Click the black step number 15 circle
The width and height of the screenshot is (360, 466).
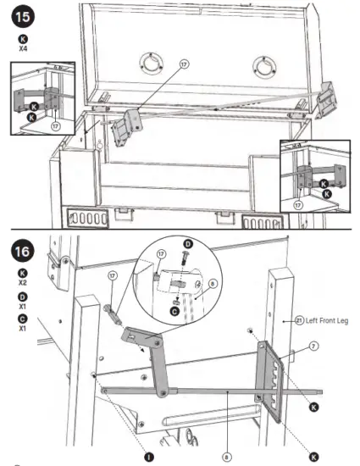(23, 16)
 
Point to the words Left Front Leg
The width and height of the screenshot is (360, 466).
(314, 321)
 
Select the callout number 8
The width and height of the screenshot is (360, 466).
(227, 456)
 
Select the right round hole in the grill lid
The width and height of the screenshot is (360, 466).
(263, 65)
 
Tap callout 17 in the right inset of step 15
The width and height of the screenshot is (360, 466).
(298, 204)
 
